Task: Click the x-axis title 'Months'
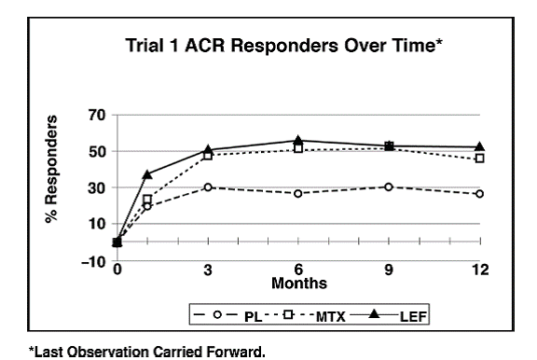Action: click(x=297, y=282)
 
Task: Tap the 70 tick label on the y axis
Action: click(x=97, y=116)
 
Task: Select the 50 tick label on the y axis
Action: click(x=97, y=152)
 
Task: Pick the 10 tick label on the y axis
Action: click(x=97, y=224)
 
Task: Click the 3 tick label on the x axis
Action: click(x=207, y=270)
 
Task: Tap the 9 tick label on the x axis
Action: click(x=389, y=270)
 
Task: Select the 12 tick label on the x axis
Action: click(x=479, y=270)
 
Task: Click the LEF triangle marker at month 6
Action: click(x=297, y=141)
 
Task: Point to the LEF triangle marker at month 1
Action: click(x=146, y=174)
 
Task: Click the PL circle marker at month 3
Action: click(x=207, y=187)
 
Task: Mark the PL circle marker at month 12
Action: click(x=479, y=194)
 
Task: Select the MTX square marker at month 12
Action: click(x=479, y=159)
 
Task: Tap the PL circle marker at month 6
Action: click(x=297, y=193)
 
